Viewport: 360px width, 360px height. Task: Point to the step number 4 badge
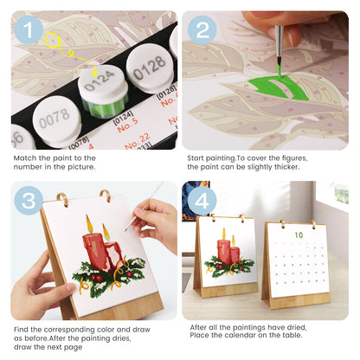point(202,202)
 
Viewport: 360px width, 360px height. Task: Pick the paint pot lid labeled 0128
point(148,62)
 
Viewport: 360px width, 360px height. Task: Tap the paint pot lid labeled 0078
point(53,114)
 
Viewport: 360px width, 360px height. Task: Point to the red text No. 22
point(138,137)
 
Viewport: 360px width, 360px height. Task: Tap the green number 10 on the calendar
point(298,234)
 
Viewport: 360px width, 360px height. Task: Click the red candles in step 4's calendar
point(228,252)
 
